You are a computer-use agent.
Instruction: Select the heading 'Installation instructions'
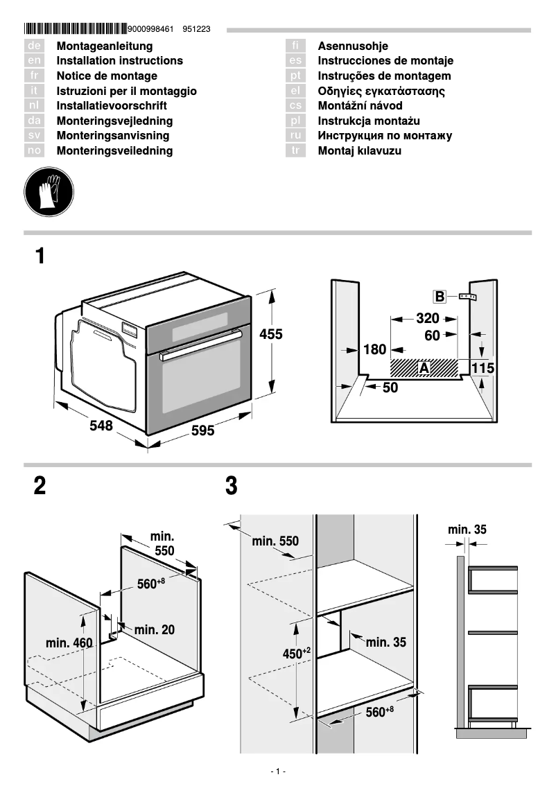[119, 61]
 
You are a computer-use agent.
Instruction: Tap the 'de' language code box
[35, 46]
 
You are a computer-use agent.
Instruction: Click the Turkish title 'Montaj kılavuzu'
[359, 150]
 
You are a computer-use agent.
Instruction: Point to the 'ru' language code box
[296, 136]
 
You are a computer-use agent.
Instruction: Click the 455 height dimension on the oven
[271, 334]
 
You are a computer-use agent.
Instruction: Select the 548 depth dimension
[101, 426]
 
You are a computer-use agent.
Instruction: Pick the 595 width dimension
[202, 431]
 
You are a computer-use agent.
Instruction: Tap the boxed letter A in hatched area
[424, 368]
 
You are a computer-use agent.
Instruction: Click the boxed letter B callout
[440, 297]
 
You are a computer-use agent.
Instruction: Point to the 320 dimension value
[428, 319]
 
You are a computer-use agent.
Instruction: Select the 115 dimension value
[483, 368]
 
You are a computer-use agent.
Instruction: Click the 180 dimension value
[375, 350]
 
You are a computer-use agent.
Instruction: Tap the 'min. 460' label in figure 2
[69, 643]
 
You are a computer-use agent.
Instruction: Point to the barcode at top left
[76, 29]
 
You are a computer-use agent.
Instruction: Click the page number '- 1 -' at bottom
[278, 771]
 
